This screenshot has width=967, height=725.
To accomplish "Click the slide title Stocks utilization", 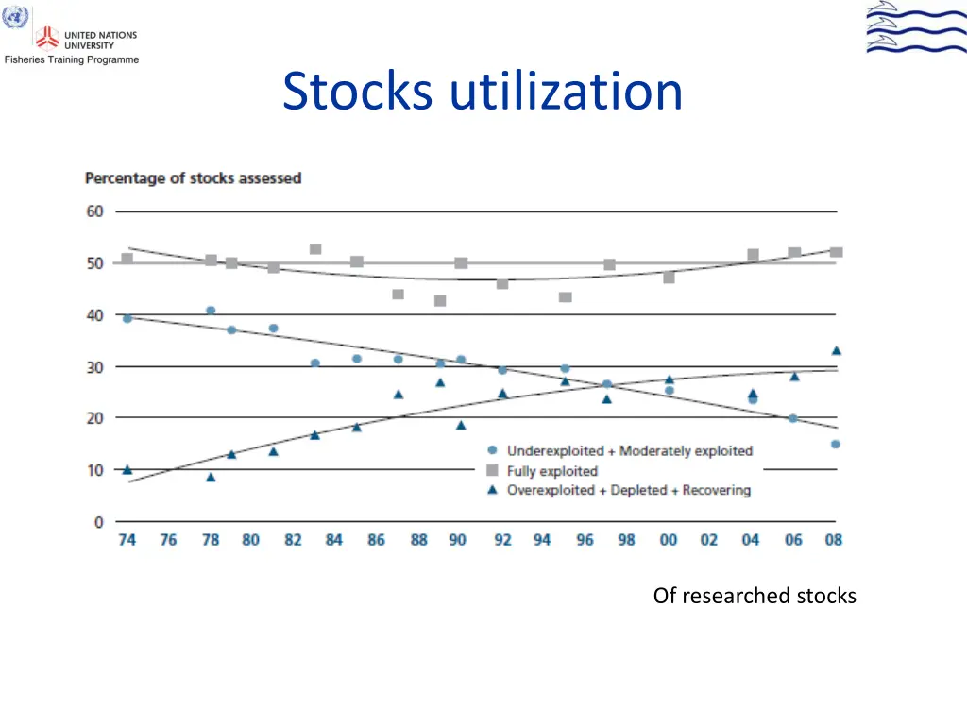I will [x=482, y=93].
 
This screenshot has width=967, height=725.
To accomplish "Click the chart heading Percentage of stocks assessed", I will [x=193, y=177].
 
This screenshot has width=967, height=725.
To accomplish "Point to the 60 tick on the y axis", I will [x=95, y=211].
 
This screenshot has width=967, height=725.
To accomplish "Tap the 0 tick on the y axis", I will [x=98, y=522].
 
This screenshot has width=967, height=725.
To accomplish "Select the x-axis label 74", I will [x=127, y=540].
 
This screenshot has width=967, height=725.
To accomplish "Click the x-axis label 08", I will [x=834, y=540].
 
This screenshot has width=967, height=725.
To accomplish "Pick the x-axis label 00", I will [x=669, y=540].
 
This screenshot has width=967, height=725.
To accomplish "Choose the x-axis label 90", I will [x=458, y=540].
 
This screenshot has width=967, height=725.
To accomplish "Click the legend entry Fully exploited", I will [x=551, y=470].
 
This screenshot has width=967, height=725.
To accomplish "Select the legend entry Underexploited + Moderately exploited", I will [x=629, y=450].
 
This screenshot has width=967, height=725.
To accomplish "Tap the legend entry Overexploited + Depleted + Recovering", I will [x=628, y=490].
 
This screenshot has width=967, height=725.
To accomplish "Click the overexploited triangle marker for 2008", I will [x=836, y=350].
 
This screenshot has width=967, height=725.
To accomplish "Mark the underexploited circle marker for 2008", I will [x=836, y=444].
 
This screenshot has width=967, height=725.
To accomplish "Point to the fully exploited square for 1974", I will [x=127, y=259].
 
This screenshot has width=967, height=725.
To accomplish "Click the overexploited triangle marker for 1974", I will [x=127, y=469].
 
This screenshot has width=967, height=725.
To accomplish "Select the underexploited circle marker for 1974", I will [x=127, y=318].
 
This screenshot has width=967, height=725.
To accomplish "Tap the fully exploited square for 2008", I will [x=836, y=252].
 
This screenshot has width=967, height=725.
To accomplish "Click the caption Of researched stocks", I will [x=755, y=596].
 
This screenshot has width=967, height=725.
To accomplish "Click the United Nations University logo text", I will [x=100, y=40].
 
